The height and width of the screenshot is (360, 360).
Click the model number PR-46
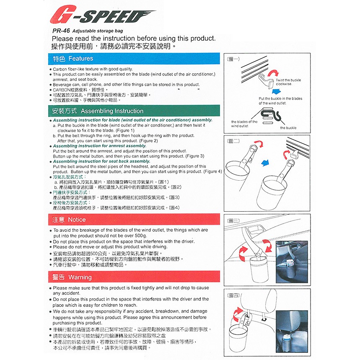(61, 31)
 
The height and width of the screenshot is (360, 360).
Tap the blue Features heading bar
(134, 59)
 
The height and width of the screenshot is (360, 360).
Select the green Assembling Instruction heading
(134, 111)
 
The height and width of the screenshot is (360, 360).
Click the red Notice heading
(134, 220)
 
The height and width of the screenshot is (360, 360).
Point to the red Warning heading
(134, 277)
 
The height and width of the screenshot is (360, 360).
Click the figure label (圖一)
(233, 59)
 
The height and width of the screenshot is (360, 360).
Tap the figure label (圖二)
(233, 141)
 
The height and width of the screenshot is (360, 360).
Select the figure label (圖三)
(233, 221)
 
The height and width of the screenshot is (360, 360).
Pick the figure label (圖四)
(233, 295)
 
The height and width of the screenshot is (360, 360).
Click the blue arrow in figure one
(276, 91)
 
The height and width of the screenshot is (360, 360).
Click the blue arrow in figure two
(265, 163)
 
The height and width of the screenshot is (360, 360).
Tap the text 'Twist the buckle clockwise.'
(288, 82)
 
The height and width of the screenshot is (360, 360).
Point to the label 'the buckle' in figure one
(288, 128)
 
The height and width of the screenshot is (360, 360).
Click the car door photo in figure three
(292, 262)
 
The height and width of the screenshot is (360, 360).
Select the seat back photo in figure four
(292, 332)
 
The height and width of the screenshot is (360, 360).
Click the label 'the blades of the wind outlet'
(244, 124)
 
